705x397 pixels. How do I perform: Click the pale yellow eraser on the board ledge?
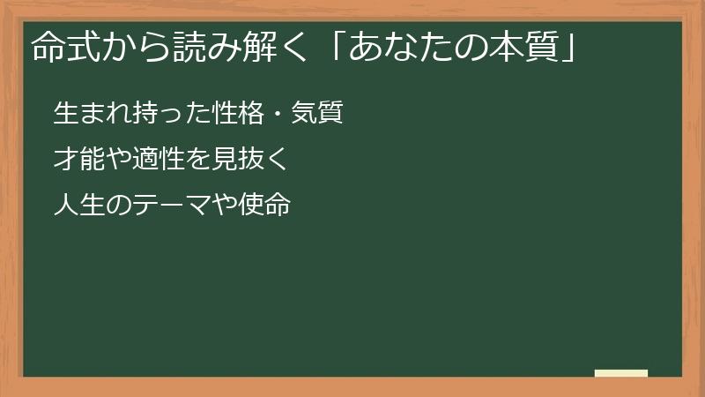point(621,373)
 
